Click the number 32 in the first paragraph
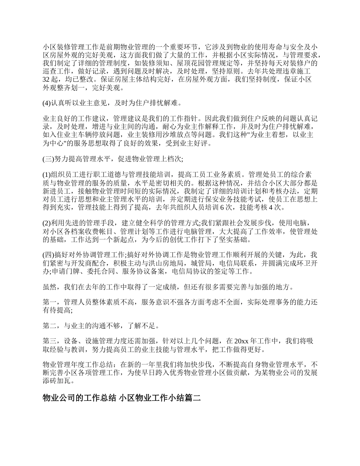46,80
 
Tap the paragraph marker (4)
47,103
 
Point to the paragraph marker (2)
47,222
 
